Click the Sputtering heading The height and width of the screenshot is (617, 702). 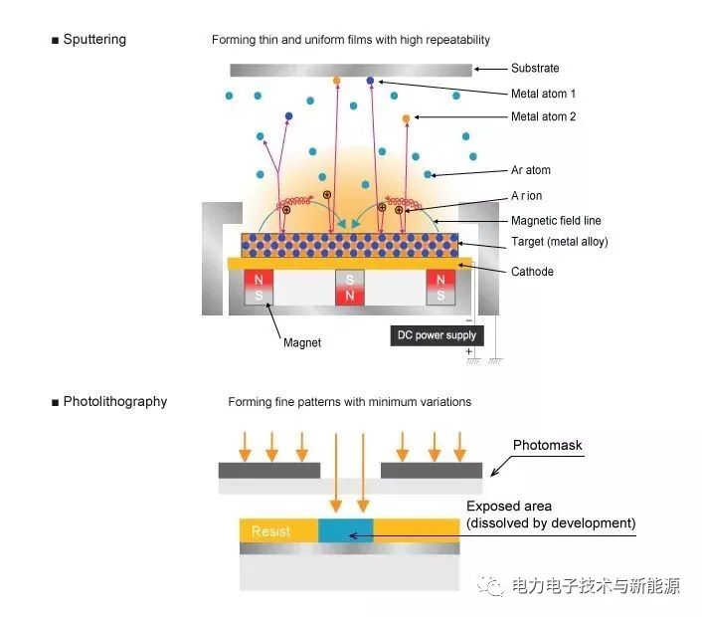coord(94,40)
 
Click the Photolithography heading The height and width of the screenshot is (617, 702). coord(115,401)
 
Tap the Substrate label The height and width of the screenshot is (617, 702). coord(535,68)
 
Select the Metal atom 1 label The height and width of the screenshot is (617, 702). coord(543,94)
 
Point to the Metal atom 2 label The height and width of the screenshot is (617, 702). coord(544,116)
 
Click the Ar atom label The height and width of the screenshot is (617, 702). coord(531,170)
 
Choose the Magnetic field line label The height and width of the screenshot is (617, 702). coord(556,221)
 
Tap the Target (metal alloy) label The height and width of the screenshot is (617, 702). coord(560,242)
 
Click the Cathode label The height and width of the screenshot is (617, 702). coord(532,272)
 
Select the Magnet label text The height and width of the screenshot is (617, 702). coord(302,342)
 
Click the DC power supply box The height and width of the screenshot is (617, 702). coord(437,335)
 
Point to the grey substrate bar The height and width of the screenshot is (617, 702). coord(351,70)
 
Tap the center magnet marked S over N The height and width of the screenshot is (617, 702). coord(350,288)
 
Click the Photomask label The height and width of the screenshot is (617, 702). coord(548,445)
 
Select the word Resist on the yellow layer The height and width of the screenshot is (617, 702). coord(270,531)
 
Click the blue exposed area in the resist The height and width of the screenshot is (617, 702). coord(346,530)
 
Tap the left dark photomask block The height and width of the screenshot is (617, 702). coord(269,471)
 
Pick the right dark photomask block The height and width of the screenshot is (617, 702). coord(432,471)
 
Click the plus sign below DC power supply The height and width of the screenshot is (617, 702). coord(468,351)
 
